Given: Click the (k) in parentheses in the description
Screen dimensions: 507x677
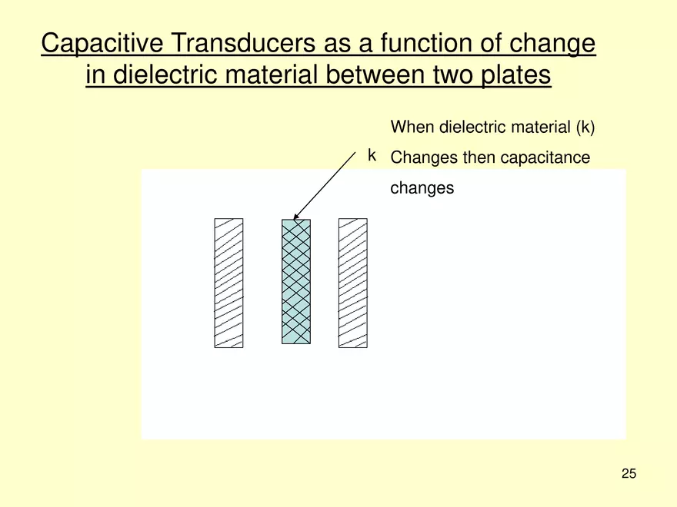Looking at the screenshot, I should [585, 127].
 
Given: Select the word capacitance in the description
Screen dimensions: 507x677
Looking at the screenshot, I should [545, 157].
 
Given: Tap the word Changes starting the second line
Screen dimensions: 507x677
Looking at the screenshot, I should [424, 157].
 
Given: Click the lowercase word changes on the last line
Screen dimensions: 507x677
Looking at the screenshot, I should [422, 188].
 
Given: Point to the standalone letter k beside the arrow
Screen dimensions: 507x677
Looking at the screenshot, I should [372, 156].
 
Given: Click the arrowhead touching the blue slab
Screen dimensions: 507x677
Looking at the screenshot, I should [297, 216].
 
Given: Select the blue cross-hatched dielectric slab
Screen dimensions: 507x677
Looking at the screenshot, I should [296, 281].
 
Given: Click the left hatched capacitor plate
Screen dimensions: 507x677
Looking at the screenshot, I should [228, 283].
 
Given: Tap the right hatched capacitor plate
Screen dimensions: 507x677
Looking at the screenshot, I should [352, 283].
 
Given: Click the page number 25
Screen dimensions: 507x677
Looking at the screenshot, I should [629, 473].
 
